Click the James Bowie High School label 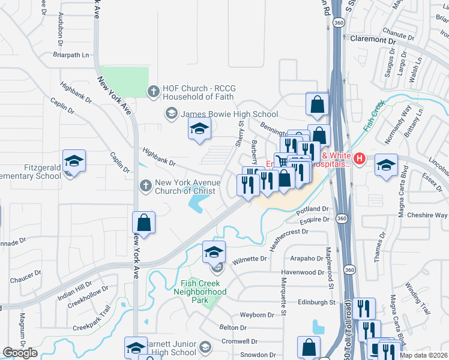(229, 114)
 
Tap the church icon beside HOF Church (154, 91)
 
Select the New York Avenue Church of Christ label (185, 187)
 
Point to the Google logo (20, 353)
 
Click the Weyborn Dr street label (257, 314)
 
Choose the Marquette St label (283, 292)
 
